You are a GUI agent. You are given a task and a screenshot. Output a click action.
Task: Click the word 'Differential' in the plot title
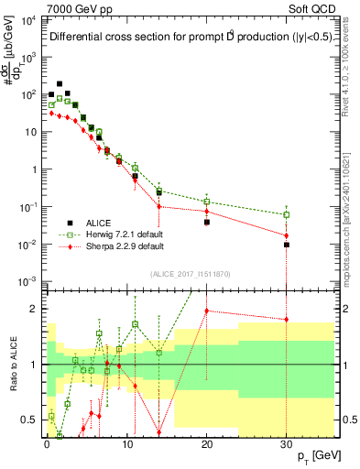pyautogui.click(x=80, y=38)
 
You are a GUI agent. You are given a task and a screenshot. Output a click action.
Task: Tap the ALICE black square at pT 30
pyautogui.click(x=287, y=245)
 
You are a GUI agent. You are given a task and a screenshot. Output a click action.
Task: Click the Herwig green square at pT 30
pyautogui.click(x=287, y=215)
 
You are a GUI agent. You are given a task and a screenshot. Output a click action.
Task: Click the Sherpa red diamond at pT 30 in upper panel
pyautogui.click(x=287, y=235)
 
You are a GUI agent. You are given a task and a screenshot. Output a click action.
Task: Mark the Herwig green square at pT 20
pyautogui.click(x=207, y=202)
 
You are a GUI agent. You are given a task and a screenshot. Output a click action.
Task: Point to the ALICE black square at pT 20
pyautogui.click(x=207, y=222)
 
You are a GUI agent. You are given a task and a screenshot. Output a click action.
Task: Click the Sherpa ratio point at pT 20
pyautogui.click(x=207, y=311)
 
